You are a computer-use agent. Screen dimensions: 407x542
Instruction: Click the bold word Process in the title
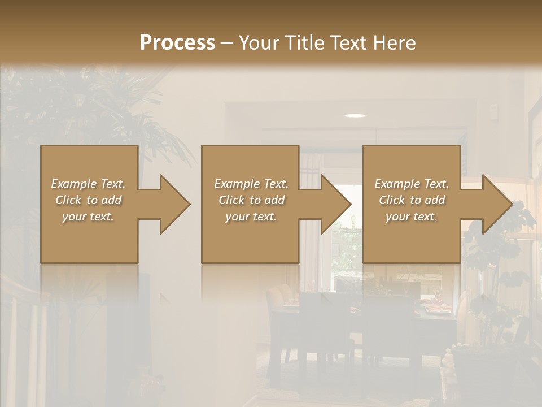pyautogui.click(x=177, y=43)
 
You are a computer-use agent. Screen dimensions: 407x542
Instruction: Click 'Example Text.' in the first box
pyautogui.click(x=88, y=184)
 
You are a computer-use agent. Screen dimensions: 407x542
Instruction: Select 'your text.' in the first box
pyautogui.click(x=88, y=217)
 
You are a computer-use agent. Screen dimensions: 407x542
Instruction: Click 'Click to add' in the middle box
pyautogui.click(x=251, y=200)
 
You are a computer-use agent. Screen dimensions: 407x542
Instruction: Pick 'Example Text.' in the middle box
pyautogui.click(x=251, y=184)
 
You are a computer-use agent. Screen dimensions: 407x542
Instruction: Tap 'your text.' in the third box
pyautogui.click(x=411, y=217)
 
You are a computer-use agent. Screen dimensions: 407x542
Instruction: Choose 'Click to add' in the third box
pyautogui.click(x=412, y=200)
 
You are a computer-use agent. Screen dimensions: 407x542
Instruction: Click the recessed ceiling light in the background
pyautogui.click(x=355, y=116)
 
